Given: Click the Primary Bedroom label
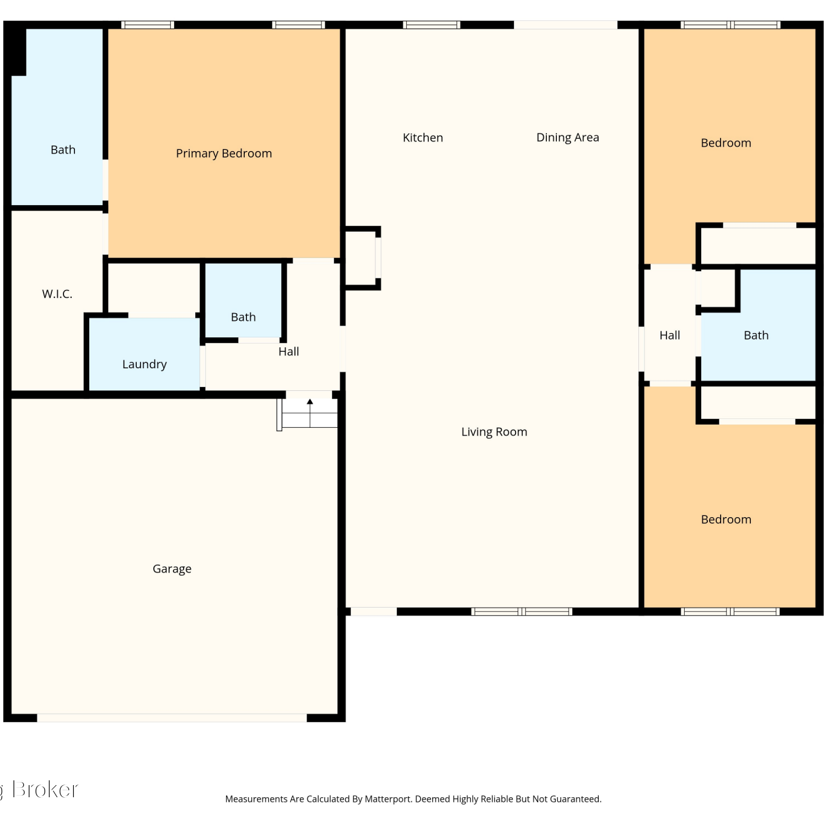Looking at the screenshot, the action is pyautogui.click(x=224, y=153).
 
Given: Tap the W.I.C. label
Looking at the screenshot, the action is pyautogui.click(x=57, y=294).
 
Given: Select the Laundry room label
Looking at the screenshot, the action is pyautogui.click(x=144, y=364).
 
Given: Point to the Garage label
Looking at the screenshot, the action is pyautogui.click(x=172, y=569).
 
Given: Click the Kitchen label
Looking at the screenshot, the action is pyautogui.click(x=423, y=138).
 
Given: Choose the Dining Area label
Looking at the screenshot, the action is pyautogui.click(x=568, y=138).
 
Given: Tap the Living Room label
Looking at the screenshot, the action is pyautogui.click(x=494, y=432).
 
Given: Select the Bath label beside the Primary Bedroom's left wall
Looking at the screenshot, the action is pyautogui.click(x=63, y=150).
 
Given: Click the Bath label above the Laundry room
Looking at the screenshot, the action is pyautogui.click(x=243, y=317).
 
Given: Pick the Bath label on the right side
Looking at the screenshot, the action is pyautogui.click(x=756, y=335).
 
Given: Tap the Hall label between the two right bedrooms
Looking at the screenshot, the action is pyautogui.click(x=670, y=335).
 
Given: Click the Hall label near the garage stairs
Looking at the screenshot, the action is pyautogui.click(x=289, y=352).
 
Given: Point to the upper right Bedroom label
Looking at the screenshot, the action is pyautogui.click(x=726, y=143).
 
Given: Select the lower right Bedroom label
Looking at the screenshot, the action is pyautogui.click(x=726, y=520).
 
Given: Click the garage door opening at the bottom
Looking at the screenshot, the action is pyautogui.click(x=172, y=718).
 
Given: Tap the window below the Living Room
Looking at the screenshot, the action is pyautogui.click(x=522, y=611).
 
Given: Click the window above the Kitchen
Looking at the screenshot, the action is pyautogui.click(x=431, y=25).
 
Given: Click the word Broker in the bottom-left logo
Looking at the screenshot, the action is pyautogui.click(x=45, y=790).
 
